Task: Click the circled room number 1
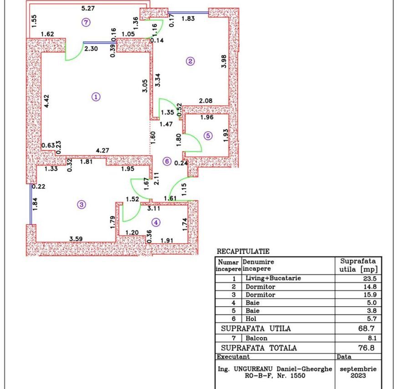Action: (x=96, y=96)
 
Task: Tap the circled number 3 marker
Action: (x=81, y=205)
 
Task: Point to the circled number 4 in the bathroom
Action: (x=156, y=222)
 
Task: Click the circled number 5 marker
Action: (x=208, y=136)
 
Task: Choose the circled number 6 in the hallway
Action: (x=167, y=161)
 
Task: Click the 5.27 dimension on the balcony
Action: (x=88, y=8)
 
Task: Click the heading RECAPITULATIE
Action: (x=243, y=251)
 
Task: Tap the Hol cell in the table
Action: (x=251, y=319)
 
